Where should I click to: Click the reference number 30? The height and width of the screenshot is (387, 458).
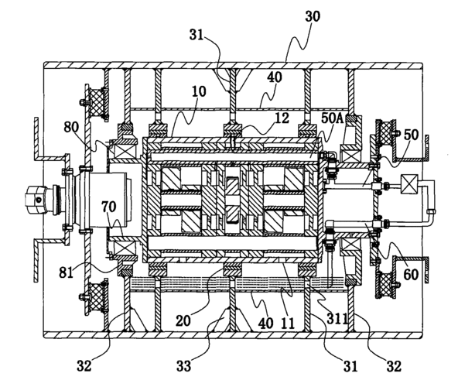click(x=313, y=17)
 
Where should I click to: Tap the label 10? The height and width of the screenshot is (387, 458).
click(x=199, y=91)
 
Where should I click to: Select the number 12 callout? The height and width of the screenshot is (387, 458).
click(x=282, y=118)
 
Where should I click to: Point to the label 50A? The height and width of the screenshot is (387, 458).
click(x=333, y=118)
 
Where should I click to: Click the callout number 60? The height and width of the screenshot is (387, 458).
click(x=411, y=275)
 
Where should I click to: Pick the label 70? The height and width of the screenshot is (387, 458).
click(x=109, y=207)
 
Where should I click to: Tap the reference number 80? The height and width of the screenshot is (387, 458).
click(x=71, y=127)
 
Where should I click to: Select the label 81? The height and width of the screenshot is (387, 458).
click(x=66, y=272)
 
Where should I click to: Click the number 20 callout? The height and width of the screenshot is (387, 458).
click(x=183, y=320)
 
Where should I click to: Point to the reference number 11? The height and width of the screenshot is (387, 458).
click(x=288, y=324)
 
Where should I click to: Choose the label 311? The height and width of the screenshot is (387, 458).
click(x=337, y=319)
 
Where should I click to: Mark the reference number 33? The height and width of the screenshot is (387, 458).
click(x=183, y=365)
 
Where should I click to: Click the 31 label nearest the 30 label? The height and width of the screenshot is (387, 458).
click(x=197, y=35)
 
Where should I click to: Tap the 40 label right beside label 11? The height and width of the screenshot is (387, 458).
click(x=266, y=324)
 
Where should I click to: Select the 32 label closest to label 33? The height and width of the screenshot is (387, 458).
click(x=84, y=365)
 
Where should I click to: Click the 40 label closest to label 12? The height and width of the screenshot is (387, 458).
click(x=275, y=77)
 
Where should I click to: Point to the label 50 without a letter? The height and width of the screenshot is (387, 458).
click(x=412, y=135)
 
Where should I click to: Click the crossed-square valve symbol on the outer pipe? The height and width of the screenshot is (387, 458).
click(x=409, y=184)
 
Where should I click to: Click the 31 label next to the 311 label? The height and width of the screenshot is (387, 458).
click(x=350, y=365)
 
